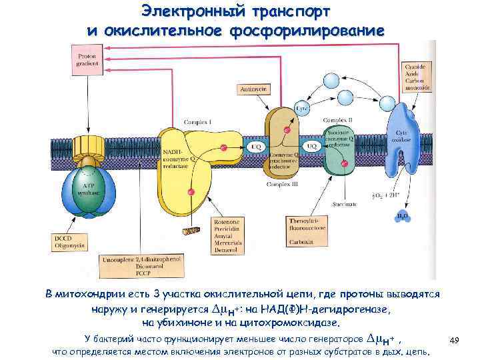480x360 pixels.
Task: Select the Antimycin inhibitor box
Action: pos(253,88)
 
